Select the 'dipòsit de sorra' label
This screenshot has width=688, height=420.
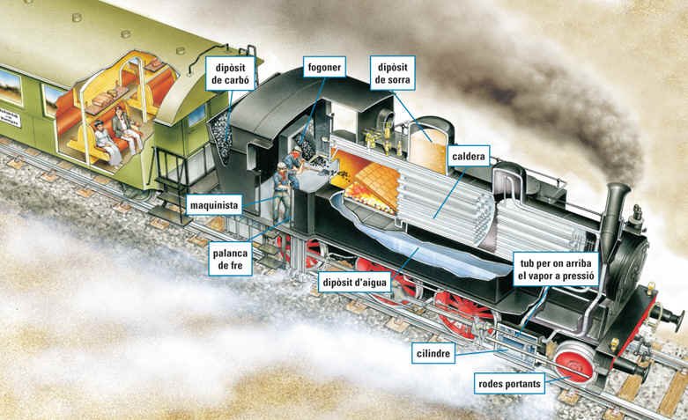(x=393, y=72)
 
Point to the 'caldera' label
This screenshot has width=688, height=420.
(x=469, y=157)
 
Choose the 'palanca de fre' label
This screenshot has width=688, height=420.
(x=232, y=258)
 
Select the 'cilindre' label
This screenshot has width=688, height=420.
(x=434, y=353)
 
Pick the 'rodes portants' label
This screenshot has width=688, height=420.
(x=510, y=383)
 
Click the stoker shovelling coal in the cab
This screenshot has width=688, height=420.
(x=296, y=163)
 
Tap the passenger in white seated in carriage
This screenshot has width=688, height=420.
(x=104, y=140)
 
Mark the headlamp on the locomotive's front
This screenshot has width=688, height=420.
(x=636, y=215)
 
